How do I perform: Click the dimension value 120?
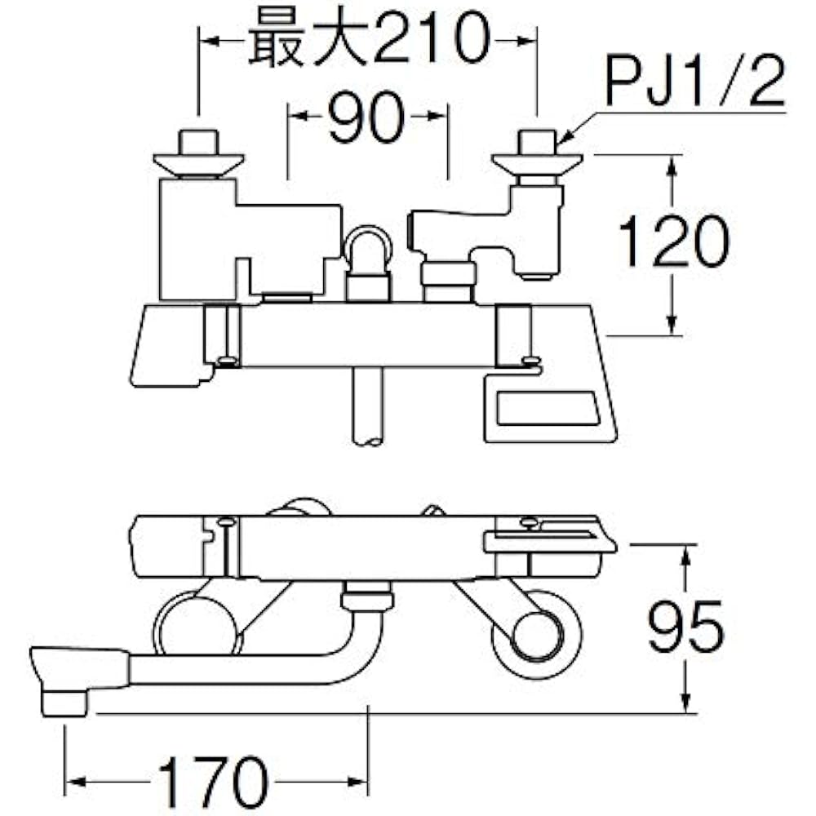click(673, 242)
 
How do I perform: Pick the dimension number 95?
click(686, 626)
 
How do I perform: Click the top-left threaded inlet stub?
click(198, 142)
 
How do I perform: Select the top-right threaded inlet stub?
click(537, 142)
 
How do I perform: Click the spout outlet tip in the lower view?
click(64, 703)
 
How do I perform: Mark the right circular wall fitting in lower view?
click(537, 634)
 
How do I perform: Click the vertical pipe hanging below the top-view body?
click(367, 406)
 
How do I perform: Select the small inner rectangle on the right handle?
click(548, 408)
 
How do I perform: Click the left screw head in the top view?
click(226, 360)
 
